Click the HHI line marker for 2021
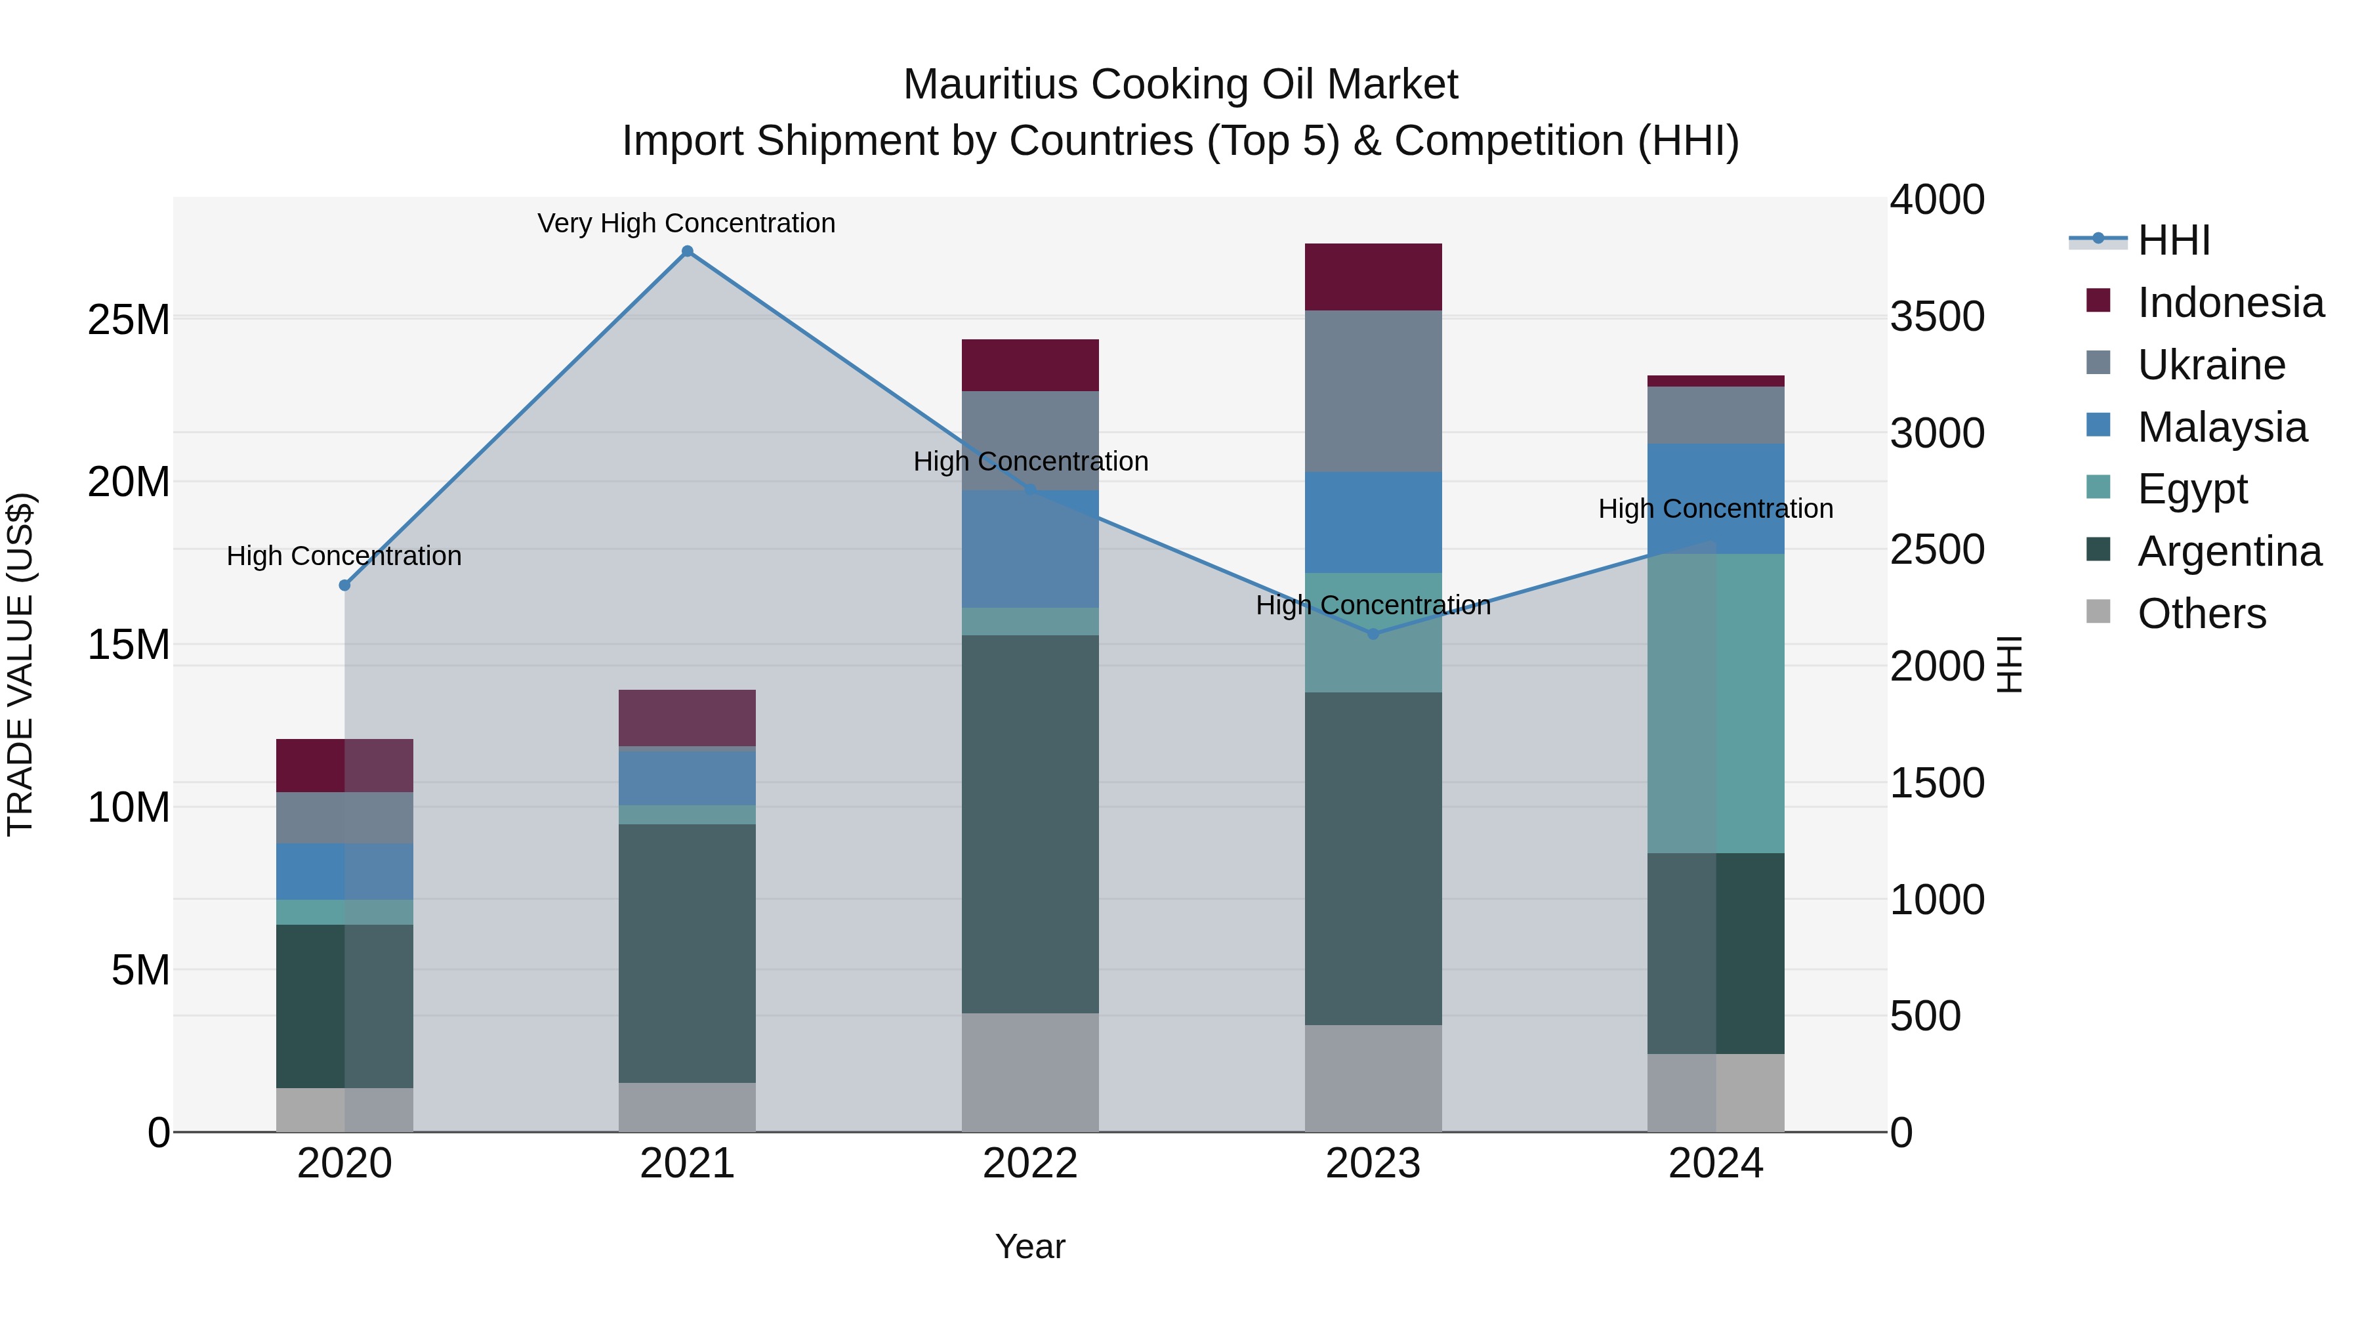pos(687,251)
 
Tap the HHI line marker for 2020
pos(344,585)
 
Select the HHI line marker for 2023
pos(1373,634)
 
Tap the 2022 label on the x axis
pos(1029,1164)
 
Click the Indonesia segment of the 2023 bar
pos(1373,277)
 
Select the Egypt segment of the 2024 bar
pos(1716,704)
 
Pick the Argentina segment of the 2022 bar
pos(1029,824)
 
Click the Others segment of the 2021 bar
pos(687,1107)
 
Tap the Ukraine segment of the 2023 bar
pos(1373,392)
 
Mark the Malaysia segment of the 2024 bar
pos(1716,498)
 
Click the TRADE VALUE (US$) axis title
pos(20,664)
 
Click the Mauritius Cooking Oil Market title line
pos(1180,85)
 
